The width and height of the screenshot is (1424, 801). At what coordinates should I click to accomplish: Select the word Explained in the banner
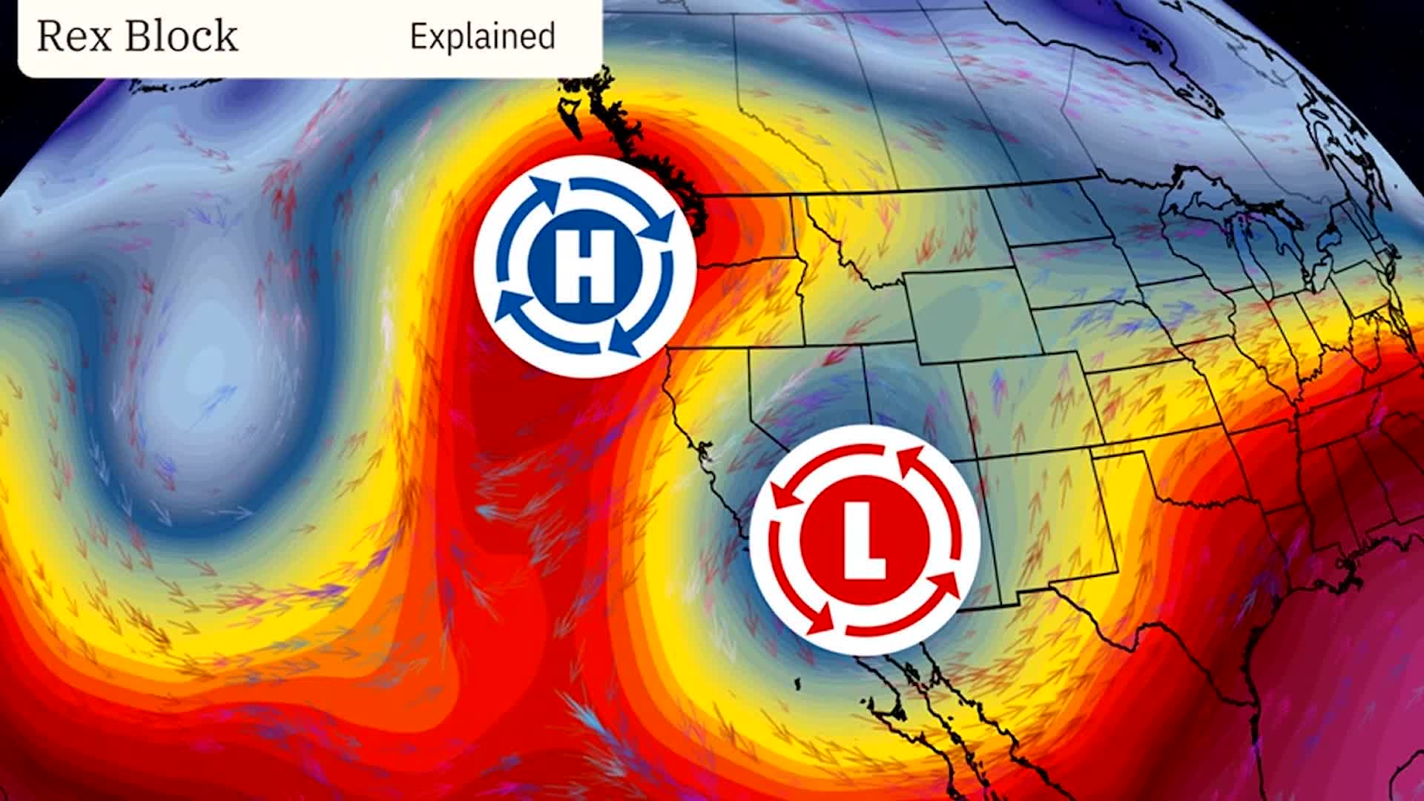tap(482, 36)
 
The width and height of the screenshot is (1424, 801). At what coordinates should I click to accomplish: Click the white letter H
tap(584, 265)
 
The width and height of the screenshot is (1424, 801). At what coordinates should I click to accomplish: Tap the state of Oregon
tap(734, 304)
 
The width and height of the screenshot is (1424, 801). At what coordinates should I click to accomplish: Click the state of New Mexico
tap(1038, 519)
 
